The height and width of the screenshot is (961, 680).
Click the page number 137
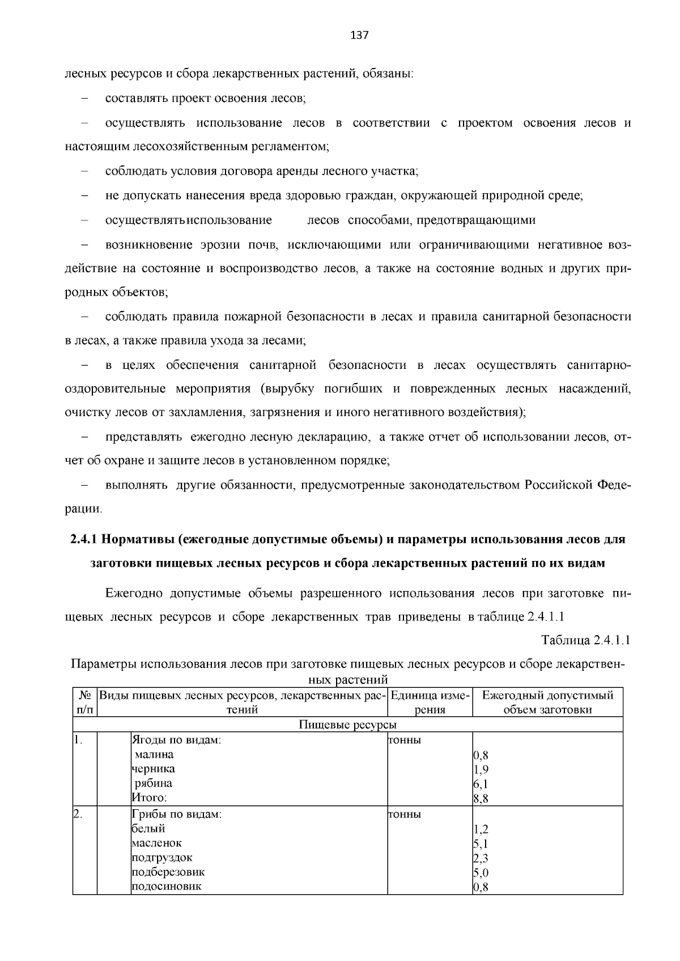point(360,35)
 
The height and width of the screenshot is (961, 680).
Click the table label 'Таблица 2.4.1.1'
point(586,640)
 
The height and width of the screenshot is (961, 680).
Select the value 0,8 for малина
point(481,755)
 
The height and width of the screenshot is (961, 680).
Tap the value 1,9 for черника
point(481,769)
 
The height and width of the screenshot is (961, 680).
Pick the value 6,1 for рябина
point(481,784)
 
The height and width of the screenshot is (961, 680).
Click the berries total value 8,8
point(481,798)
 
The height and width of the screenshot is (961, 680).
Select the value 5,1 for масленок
point(481,844)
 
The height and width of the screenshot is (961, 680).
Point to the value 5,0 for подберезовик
point(481,873)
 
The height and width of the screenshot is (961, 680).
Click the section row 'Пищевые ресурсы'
point(347,725)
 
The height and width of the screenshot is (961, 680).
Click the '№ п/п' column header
point(85,703)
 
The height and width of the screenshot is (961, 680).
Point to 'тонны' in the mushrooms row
point(404,814)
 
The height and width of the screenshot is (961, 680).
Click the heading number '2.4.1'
point(84,539)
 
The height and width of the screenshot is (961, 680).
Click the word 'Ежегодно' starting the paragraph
point(134,593)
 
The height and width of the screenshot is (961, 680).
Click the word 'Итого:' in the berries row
point(150,798)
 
